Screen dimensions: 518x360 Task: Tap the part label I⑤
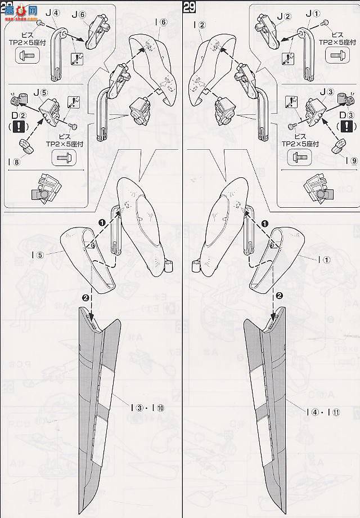38,254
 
